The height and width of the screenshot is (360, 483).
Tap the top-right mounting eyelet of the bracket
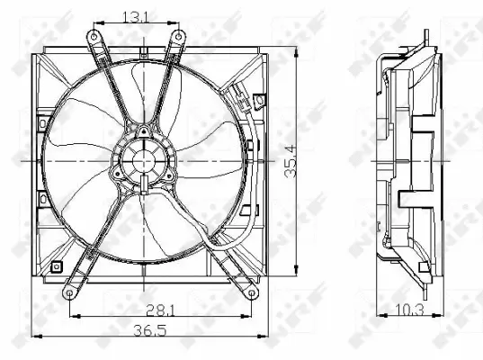coord(178,35)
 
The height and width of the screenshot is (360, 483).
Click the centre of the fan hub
coord(142,163)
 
